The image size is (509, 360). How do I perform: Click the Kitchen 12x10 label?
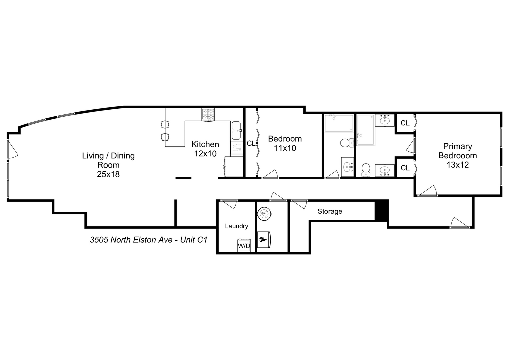coord(205,149)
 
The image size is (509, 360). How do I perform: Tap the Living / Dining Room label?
coord(108,165)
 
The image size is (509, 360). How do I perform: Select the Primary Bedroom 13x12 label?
coord(457,155)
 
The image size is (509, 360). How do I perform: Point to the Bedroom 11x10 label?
coord(285,143)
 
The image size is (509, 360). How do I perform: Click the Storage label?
coord(330,211)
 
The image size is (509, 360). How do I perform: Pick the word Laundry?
coord(236,226)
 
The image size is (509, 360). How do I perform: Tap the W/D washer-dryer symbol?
coord(244,245)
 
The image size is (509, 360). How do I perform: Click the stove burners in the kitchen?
coord(208,115)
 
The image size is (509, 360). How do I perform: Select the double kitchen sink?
coord(237,130)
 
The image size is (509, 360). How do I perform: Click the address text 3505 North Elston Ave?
coord(148,240)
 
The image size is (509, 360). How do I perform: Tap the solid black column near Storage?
coord(382,210)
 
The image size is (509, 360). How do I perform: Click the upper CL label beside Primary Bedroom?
coord(405,123)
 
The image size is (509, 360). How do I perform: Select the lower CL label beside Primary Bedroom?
coord(405,168)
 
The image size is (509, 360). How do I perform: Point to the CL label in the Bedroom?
coord(251,143)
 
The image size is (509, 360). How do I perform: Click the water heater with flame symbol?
coord(264,239)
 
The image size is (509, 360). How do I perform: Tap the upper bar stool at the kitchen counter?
coord(165,125)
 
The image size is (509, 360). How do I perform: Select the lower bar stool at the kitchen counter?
coord(165,137)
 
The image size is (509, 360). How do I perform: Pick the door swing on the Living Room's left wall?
coord(13,149)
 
